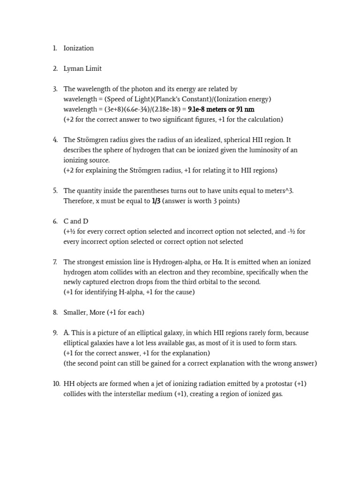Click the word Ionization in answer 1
pos(78,48)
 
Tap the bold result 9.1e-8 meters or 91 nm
pos(221,109)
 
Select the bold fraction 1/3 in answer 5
pos(156,201)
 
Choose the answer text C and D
pos(75,221)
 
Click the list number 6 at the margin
pos(55,221)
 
